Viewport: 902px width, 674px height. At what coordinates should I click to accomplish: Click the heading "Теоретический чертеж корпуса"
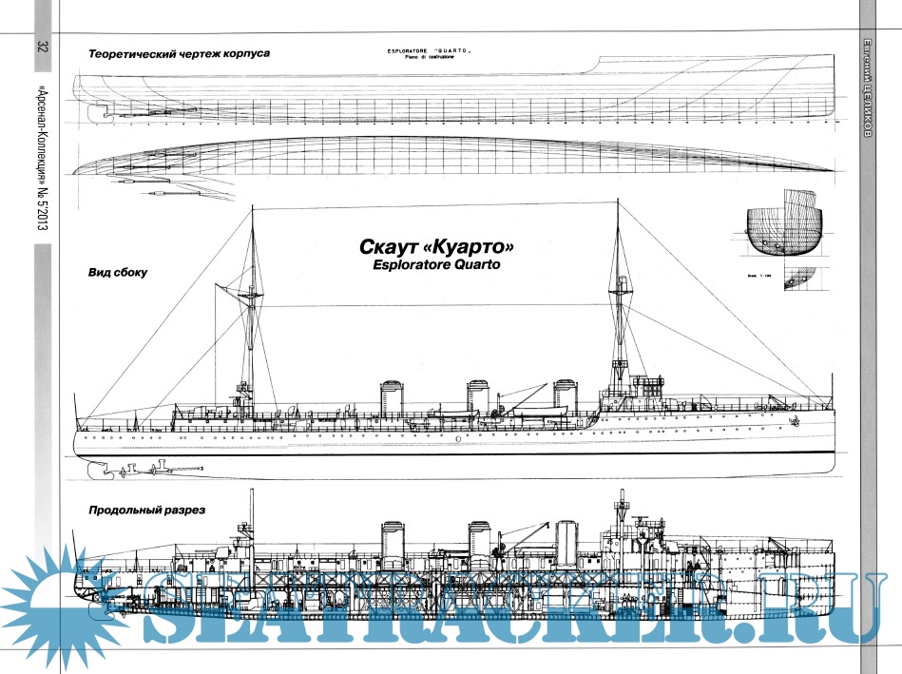(x=179, y=54)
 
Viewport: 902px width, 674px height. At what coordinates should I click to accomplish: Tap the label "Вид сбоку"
(x=118, y=272)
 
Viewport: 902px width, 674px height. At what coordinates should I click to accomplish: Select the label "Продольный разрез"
(x=146, y=510)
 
